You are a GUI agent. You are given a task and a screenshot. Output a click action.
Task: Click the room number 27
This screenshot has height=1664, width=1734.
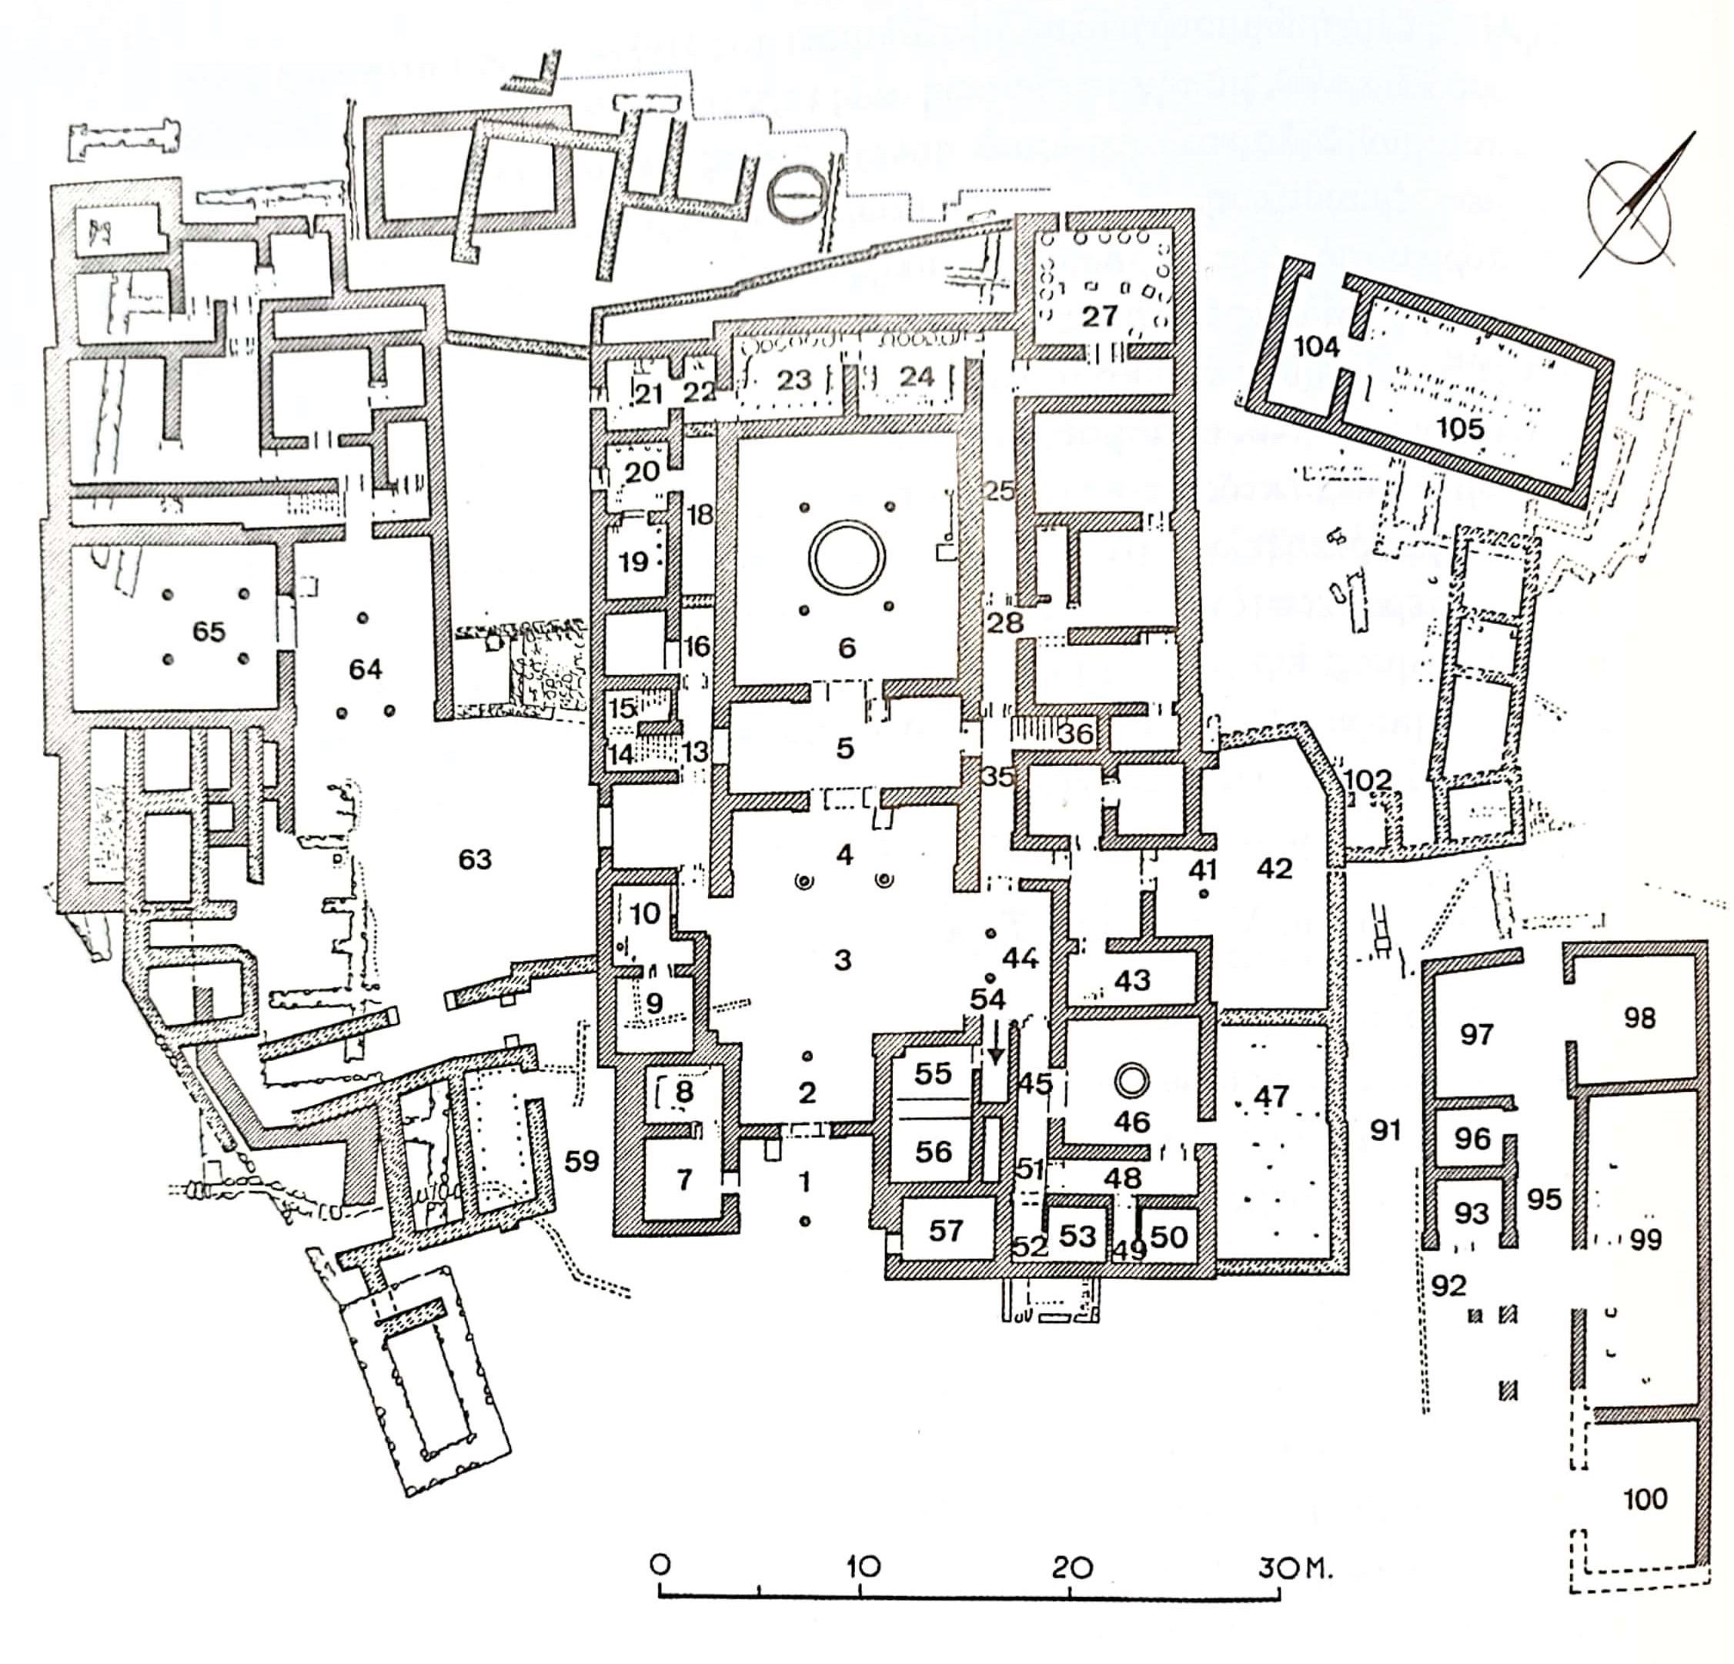coord(1100,316)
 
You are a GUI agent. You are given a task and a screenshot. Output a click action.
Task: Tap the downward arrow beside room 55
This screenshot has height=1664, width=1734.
coord(996,1046)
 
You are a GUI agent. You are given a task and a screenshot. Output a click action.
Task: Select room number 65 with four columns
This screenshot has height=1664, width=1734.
coord(209,631)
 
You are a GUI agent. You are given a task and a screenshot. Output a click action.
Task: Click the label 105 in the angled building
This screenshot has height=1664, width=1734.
coord(1460,428)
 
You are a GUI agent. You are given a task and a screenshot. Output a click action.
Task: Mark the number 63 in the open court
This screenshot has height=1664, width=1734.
coord(475,859)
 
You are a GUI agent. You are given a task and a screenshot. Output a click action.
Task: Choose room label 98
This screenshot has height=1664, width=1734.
coord(1639,1018)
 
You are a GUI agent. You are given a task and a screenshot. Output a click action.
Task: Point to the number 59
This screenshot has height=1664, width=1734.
coord(582,1160)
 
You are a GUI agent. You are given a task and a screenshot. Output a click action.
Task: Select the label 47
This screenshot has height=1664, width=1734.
coord(1271,1096)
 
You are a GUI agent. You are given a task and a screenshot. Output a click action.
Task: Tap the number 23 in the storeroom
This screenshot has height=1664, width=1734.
coord(793,380)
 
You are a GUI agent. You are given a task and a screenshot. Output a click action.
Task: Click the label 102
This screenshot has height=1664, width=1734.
coord(1368,780)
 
